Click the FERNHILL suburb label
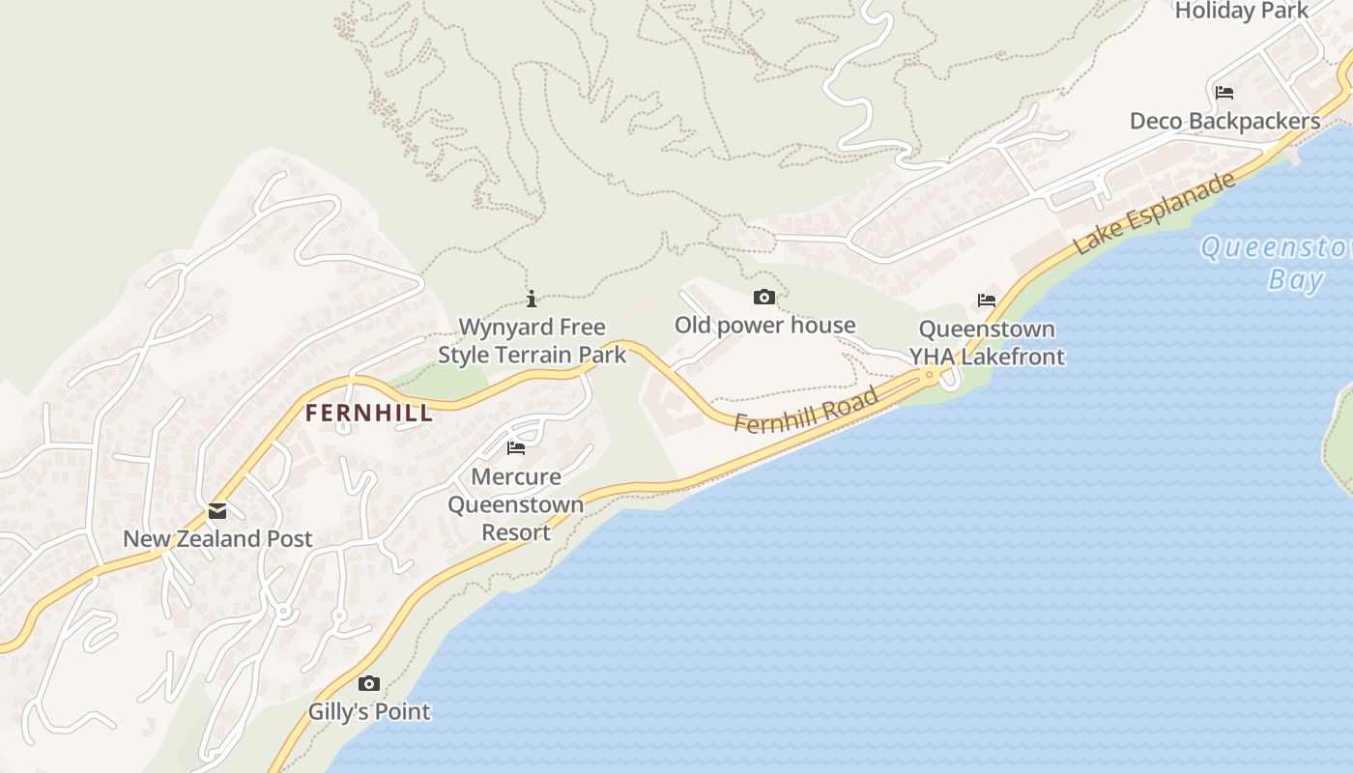click(x=368, y=414)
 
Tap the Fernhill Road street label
click(x=806, y=410)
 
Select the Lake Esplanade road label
click(x=1154, y=214)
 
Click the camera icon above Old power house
click(x=764, y=297)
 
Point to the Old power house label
click(x=764, y=325)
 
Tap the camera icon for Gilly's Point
click(x=368, y=684)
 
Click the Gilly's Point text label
click(x=368, y=712)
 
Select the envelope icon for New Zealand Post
click(x=217, y=511)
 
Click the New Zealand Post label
click(x=217, y=539)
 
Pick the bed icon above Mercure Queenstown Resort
click(x=516, y=448)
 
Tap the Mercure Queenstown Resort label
click(x=516, y=504)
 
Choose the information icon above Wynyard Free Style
click(x=532, y=299)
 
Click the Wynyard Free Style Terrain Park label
click(x=532, y=341)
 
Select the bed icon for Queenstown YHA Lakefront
click(x=987, y=301)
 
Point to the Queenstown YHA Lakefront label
click(x=987, y=343)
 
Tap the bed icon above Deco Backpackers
click(x=1224, y=93)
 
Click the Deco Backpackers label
click(x=1224, y=121)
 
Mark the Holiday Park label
click(x=1241, y=11)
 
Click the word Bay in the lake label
click(x=1295, y=280)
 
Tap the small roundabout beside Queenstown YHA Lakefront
click(x=930, y=374)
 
